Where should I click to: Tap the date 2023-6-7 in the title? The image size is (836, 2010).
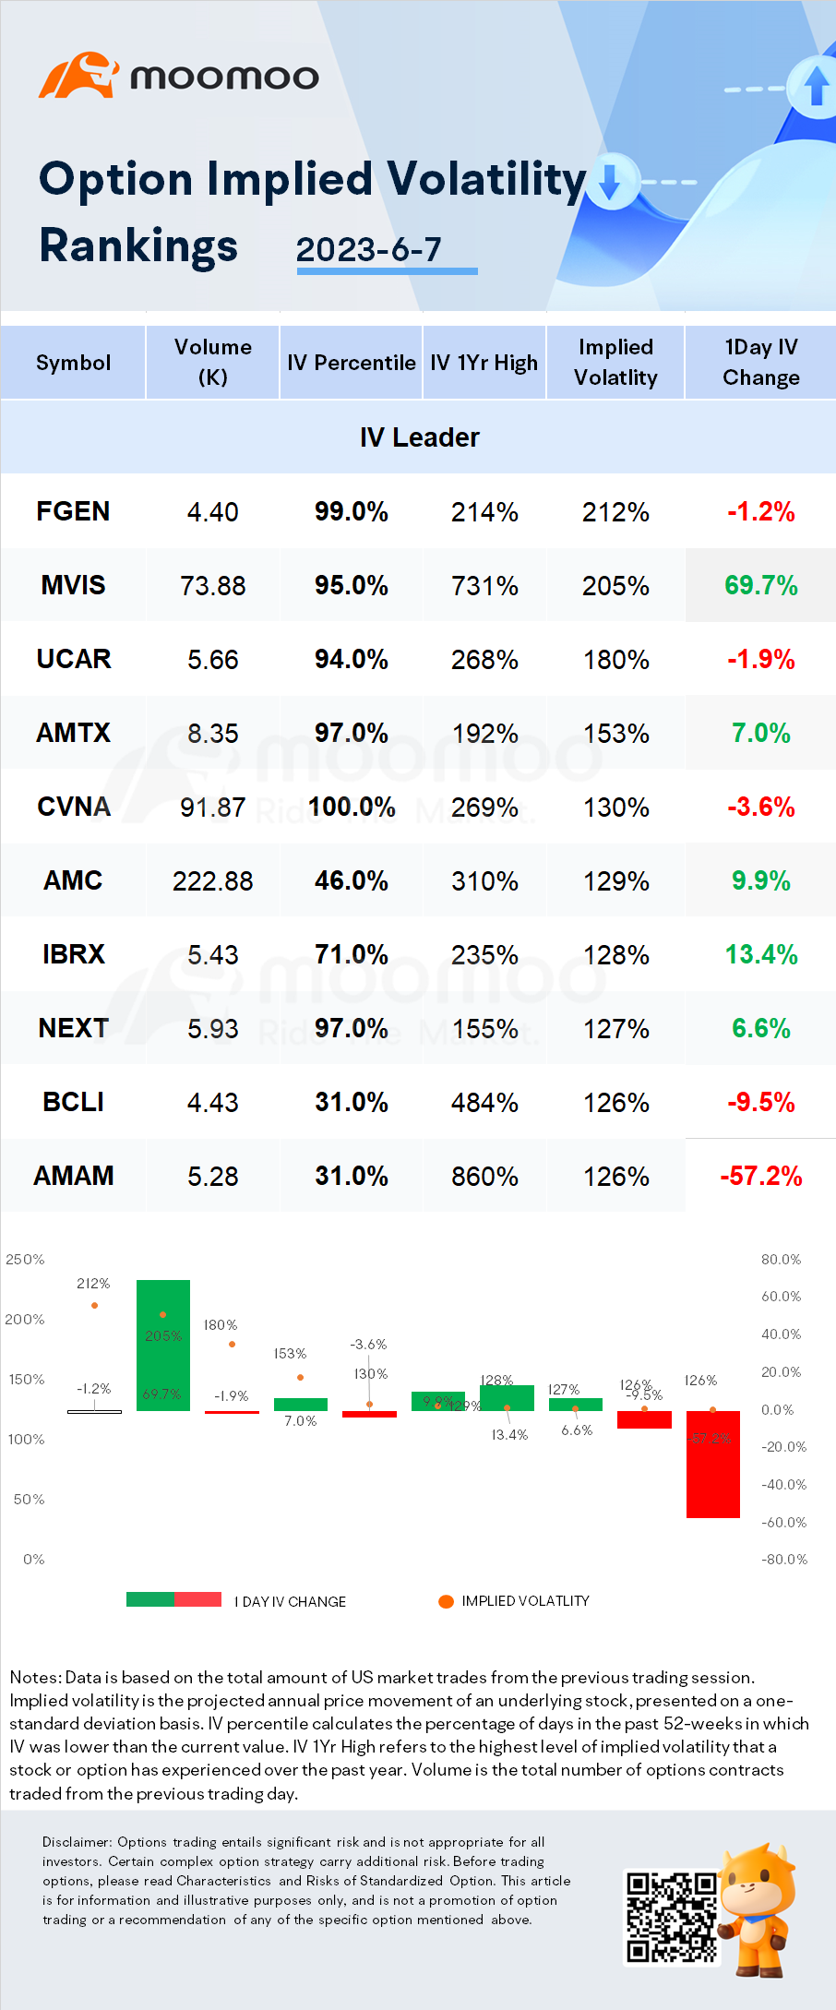369,249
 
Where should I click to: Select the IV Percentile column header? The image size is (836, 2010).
351,363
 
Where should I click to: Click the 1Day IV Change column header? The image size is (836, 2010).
760,362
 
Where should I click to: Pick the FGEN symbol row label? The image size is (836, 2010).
73,511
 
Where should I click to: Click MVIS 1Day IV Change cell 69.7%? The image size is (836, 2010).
760,585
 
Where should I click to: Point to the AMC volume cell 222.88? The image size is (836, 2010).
212,880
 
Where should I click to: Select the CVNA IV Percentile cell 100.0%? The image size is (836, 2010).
352,807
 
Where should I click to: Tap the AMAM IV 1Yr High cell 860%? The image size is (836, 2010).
484,1176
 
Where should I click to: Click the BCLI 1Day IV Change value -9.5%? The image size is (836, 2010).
760,1102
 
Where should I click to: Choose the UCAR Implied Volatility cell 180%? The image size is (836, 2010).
615,659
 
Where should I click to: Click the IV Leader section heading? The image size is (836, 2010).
419,437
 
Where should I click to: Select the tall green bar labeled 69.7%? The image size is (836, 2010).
163,1345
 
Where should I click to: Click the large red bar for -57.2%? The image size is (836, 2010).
712,1464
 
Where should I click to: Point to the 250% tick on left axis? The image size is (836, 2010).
25,1259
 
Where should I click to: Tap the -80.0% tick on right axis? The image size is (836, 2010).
783,1559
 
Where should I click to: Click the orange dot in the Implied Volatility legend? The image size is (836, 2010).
446,1601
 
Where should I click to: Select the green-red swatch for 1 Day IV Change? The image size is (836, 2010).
173,1599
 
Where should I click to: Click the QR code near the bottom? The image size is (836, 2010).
671,1916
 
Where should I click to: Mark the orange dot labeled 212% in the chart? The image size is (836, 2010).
94,1305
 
